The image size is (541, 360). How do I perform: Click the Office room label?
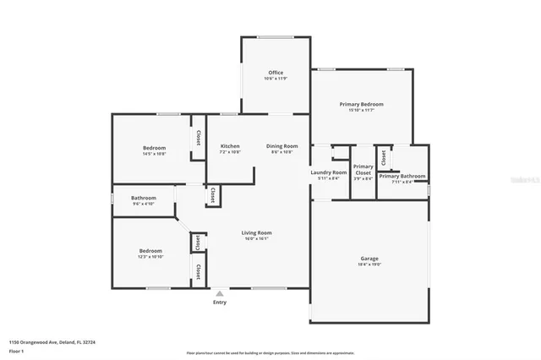[x=276, y=73]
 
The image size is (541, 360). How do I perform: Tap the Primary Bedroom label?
[x=361, y=104]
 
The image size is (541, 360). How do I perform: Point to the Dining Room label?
[x=281, y=146]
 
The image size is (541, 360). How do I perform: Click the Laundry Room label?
[x=329, y=172]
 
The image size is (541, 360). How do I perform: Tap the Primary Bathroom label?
[x=402, y=176]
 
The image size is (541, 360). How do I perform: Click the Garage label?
[x=369, y=259]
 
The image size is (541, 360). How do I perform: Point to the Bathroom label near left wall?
[x=144, y=198]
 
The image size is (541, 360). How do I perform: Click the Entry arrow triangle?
[x=220, y=293]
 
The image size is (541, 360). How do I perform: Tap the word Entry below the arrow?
[x=220, y=303]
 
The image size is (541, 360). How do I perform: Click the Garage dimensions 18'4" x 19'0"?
[x=369, y=265]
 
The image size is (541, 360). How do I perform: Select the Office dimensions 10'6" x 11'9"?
[x=276, y=79]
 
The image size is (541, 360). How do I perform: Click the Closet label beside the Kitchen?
[x=199, y=137]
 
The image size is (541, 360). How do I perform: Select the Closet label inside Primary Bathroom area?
[x=384, y=157]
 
